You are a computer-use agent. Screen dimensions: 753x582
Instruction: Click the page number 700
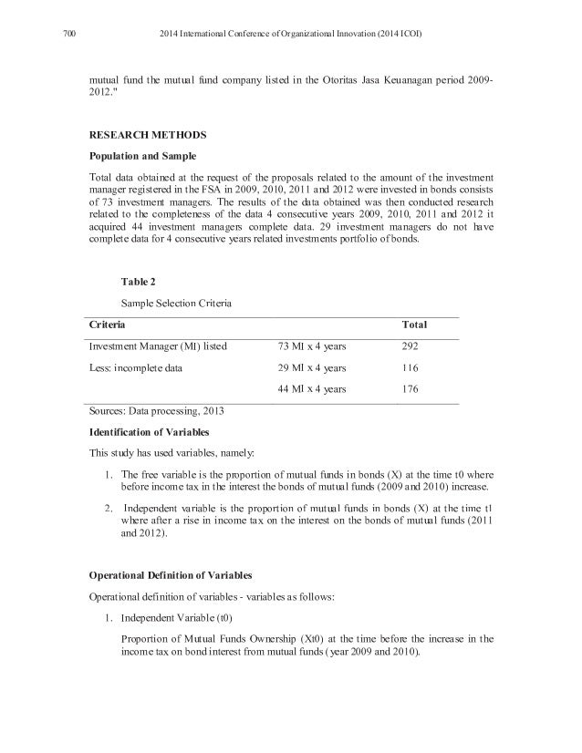point(68,35)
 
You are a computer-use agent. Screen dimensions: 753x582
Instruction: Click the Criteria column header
point(107,325)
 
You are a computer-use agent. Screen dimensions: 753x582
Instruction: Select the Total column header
point(415,325)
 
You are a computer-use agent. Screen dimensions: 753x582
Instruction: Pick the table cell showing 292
point(411,346)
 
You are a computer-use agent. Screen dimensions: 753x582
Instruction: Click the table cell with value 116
point(411,368)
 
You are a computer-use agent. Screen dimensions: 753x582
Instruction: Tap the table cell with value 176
point(411,389)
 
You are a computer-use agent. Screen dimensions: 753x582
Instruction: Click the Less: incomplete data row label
point(134,368)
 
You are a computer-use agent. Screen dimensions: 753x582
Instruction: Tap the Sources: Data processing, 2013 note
point(155,411)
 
